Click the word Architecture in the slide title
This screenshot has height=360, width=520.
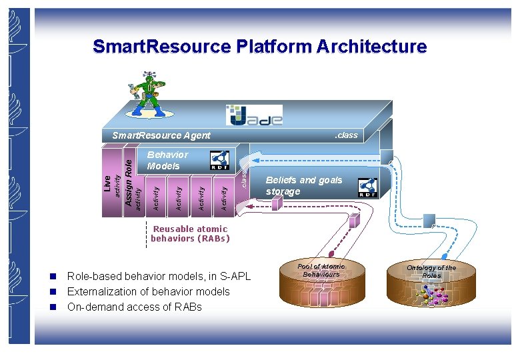[x=371, y=47]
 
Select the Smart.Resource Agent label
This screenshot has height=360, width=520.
[x=161, y=135]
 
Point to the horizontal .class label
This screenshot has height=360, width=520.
[x=345, y=135]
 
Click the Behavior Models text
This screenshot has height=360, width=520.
[x=167, y=160]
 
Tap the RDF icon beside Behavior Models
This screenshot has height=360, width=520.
[x=219, y=160]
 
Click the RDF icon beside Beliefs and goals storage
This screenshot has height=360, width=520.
[x=367, y=187]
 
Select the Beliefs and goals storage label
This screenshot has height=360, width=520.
[x=304, y=186]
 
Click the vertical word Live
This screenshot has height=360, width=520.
[x=107, y=183]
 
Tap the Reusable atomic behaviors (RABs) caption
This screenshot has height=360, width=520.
[x=190, y=233]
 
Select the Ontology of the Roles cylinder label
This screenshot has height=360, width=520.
[x=431, y=271]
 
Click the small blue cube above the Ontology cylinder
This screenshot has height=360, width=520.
[x=429, y=219]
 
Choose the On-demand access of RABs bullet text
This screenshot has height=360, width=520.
[x=134, y=307]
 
